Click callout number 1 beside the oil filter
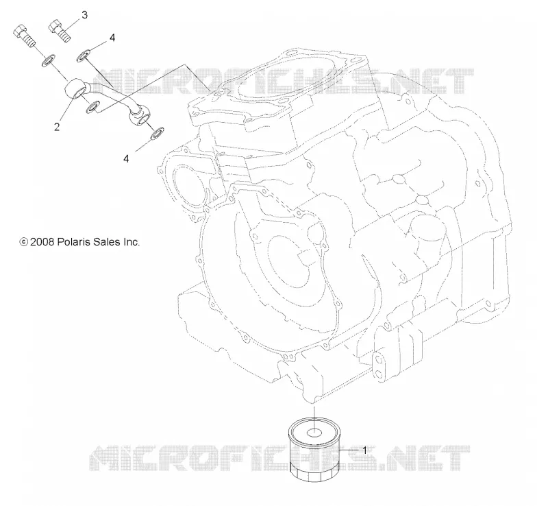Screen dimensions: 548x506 click(365, 450)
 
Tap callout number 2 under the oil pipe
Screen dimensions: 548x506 click(57, 127)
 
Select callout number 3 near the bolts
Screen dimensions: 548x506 click(84, 15)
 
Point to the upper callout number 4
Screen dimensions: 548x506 click(112, 38)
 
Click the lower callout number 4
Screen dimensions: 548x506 click(126, 158)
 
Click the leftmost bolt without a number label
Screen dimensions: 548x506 click(24, 36)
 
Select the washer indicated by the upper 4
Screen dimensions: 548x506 click(83, 56)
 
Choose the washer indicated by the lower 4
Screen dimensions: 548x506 click(158, 133)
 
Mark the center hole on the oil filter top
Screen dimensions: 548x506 click(314, 433)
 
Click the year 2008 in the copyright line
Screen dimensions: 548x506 click(42, 242)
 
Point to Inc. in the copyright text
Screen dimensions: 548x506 click(131, 242)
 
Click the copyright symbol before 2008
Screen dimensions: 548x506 click(24, 242)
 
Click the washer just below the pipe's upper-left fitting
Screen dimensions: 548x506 click(92, 108)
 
